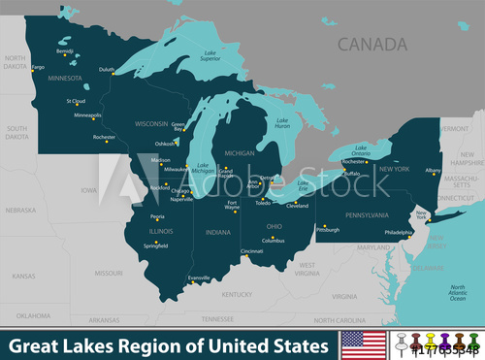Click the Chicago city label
coord(181,191)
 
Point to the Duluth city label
coord(107,70)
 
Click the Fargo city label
coord(38,67)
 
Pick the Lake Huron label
coord(282,124)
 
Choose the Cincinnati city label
coord(251,251)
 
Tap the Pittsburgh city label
coord(328,230)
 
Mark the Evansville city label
coord(199,278)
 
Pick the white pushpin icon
coord(400,343)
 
